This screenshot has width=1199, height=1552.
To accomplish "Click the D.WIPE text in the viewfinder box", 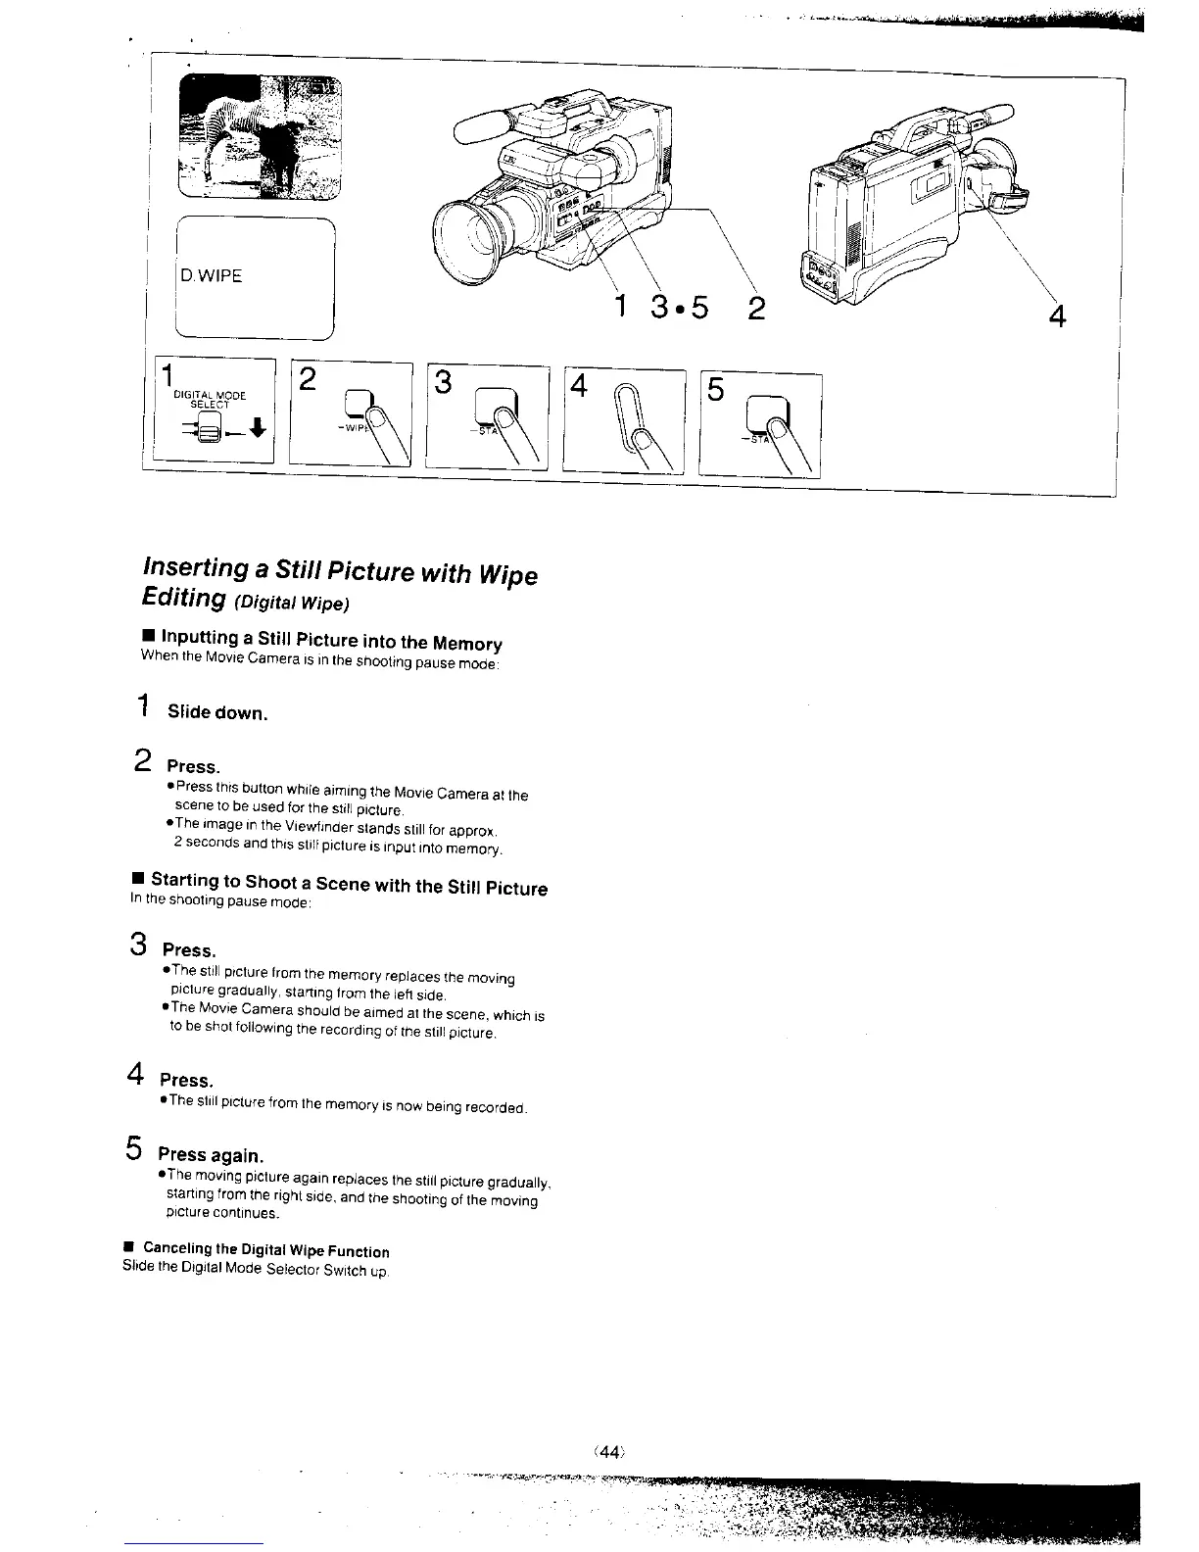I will click(x=212, y=275).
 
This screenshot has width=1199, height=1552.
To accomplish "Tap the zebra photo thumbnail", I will click(x=262, y=137).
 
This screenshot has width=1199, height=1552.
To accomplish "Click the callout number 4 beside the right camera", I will click(x=1056, y=315).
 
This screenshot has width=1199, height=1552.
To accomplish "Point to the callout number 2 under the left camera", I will click(x=756, y=309).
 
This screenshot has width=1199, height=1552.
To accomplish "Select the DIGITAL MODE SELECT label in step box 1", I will click(x=209, y=399).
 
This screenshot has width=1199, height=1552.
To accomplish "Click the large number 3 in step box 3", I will click(x=444, y=383).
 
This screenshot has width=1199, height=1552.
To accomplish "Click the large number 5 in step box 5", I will click(x=716, y=390).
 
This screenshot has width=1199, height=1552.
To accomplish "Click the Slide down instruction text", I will click(x=216, y=712).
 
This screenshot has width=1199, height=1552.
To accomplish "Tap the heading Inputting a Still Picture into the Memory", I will click(x=331, y=643).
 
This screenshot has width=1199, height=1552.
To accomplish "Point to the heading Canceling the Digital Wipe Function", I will click(x=265, y=1250).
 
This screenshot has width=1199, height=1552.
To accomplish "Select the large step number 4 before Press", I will click(x=136, y=1075).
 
